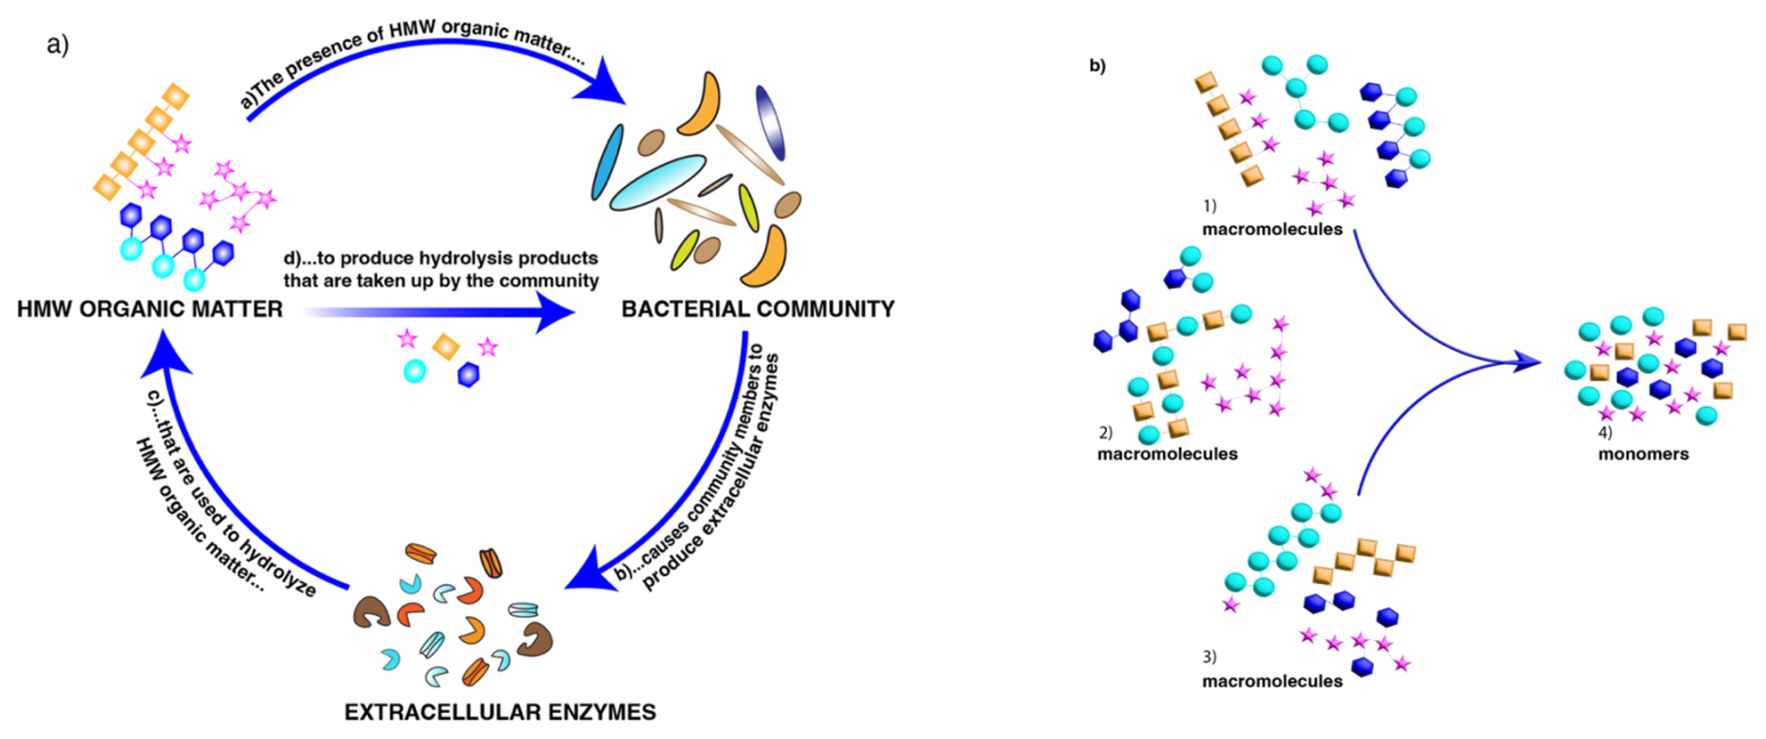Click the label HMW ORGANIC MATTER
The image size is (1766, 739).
[x=149, y=309]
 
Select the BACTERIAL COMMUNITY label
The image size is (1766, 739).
[x=758, y=309]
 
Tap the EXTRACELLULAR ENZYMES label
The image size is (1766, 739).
[x=500, y=712]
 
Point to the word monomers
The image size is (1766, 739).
[x=1643, y=454]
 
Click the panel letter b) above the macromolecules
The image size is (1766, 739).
[x=1098, y=66]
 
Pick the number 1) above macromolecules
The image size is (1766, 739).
[x=1210, y=205]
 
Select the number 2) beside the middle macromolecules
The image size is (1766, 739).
[x=1106, y=433]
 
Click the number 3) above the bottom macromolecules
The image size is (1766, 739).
[x=1210, y=657]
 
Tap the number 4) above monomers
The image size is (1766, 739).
[x=1605, y=433]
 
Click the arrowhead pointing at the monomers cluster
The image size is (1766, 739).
[x=1527, y=362]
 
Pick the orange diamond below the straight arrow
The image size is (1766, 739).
[x=446, y=346]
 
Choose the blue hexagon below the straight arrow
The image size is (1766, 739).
[x=469, y=375]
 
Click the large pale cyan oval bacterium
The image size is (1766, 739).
[x=657, y=182]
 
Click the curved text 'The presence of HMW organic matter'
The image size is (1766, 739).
[x=411, y=50]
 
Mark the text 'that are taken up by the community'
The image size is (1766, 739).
[x=441, y=281]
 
